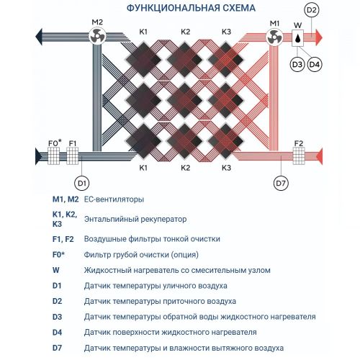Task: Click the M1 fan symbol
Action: point(274,37)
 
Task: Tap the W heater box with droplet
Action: point(297,38)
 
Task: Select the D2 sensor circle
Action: point(312,10)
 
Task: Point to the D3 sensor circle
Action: point(297,64)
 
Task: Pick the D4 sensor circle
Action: point(315,64)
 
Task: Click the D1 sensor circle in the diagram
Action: point(82,183)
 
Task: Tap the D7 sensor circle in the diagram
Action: point(281,183)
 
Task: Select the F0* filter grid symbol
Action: point(54,156)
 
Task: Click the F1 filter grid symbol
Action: point(72,156)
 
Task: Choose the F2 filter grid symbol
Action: point(299,156)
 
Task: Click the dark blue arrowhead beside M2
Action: point(39,37)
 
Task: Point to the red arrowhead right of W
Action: point(319,37)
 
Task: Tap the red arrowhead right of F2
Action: point(319,156)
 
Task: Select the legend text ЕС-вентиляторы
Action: point(114,199)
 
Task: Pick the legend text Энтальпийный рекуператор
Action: point(135,219)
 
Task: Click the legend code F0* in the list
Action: point(58,254)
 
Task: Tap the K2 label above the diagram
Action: point(185,32)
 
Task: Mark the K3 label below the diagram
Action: point(226,168)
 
